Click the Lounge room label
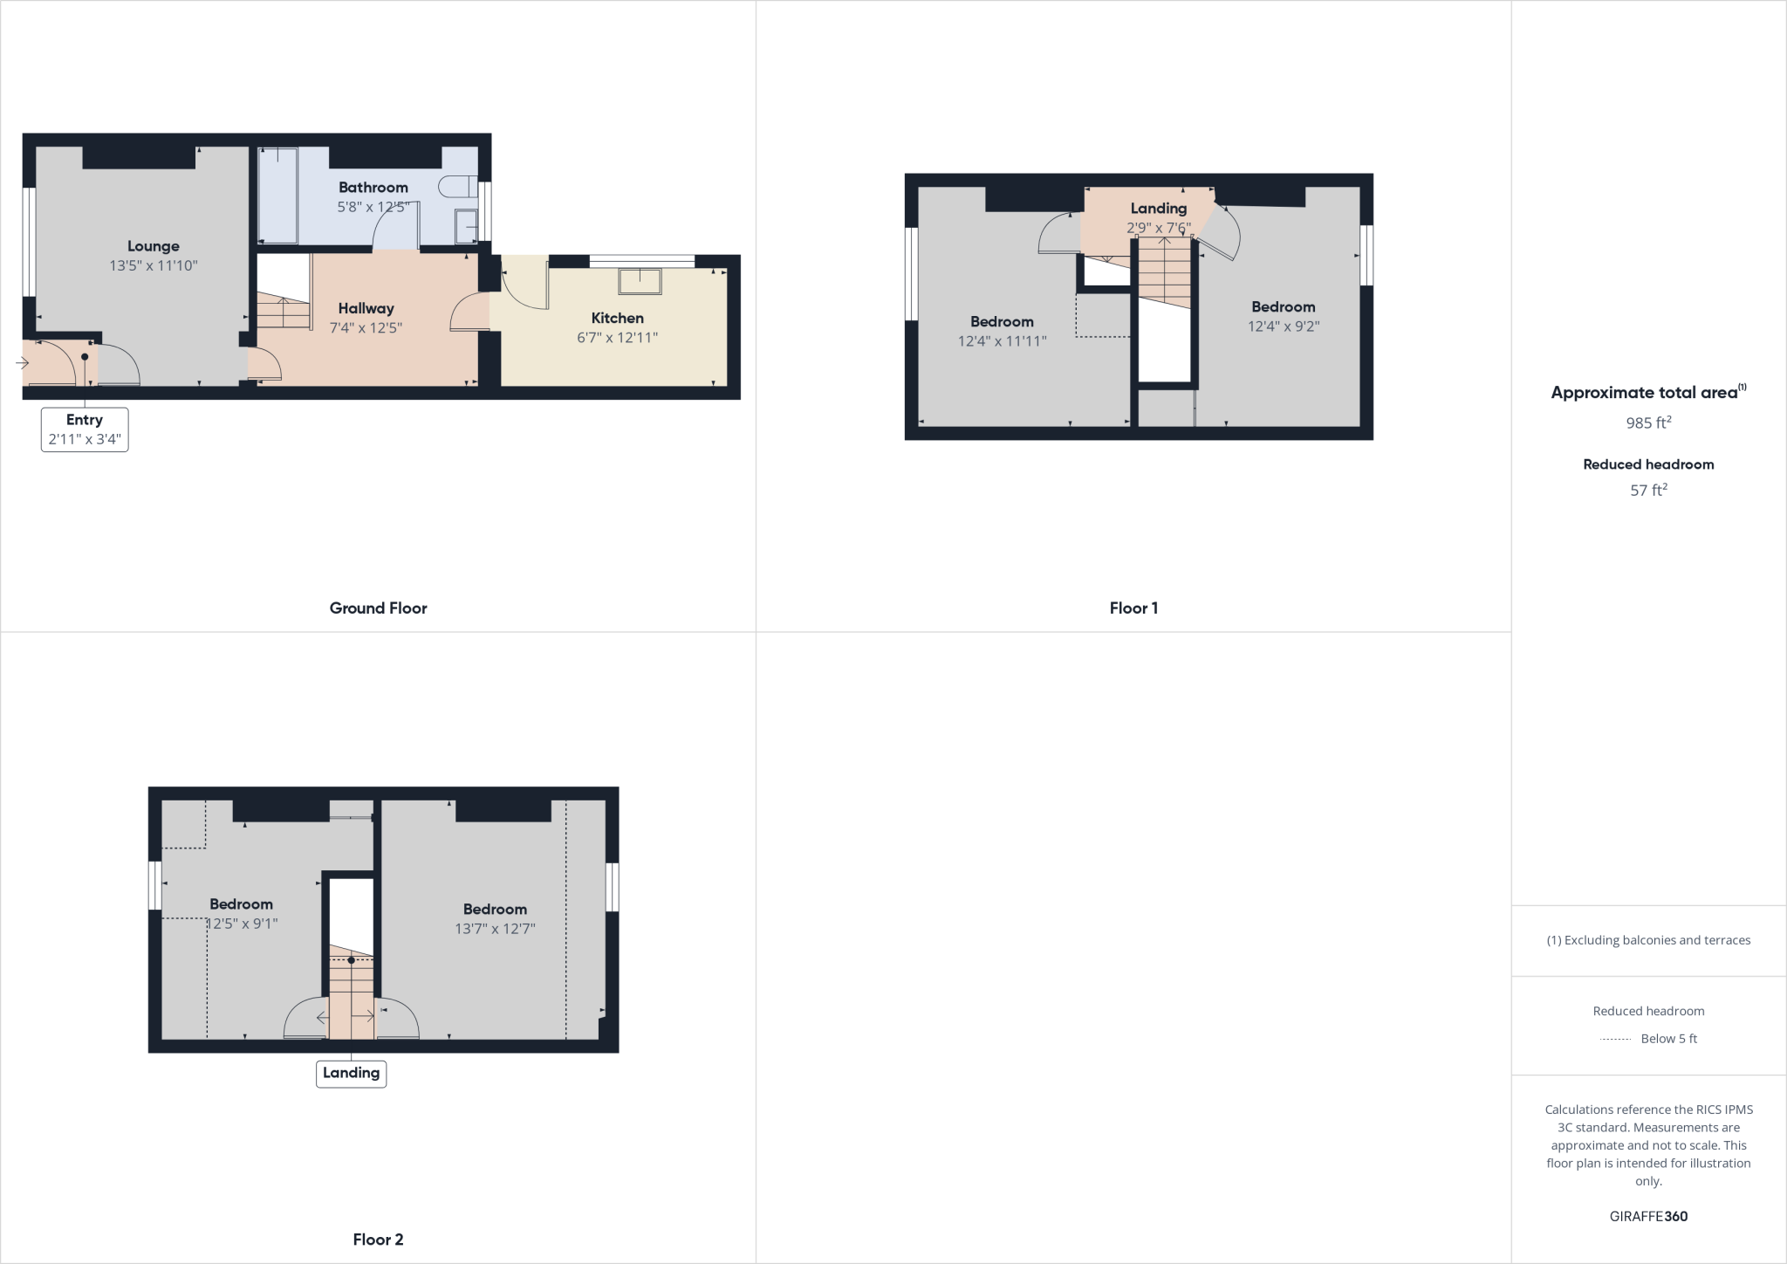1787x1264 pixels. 154,246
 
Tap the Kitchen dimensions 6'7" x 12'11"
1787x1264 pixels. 617,338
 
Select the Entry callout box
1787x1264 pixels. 85,429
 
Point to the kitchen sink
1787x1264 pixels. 640,281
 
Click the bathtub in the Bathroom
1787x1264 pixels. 277,196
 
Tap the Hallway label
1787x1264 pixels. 366,308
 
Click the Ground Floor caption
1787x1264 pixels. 378,608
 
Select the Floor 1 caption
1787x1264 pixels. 1133,608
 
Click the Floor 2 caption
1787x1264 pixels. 378,1240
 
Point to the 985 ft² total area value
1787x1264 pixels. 1648,422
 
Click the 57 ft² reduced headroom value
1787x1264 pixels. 1648,491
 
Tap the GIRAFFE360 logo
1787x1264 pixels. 1648,1216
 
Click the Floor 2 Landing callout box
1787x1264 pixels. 351,1073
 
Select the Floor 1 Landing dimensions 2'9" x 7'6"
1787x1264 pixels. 1158,229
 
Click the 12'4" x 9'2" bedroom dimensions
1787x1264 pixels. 1283,326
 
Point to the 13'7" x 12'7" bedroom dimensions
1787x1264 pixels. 495,929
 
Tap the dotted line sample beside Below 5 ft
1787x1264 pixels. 1616,1039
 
